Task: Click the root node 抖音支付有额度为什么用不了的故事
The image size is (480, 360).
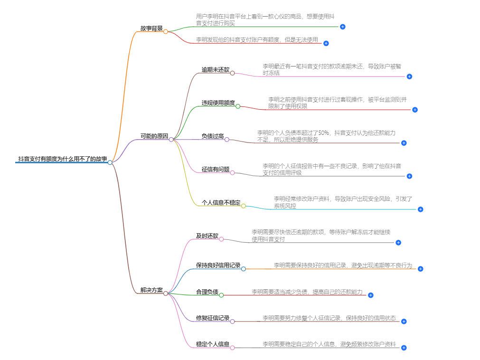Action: [x=62, y=159]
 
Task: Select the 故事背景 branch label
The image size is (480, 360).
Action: [x=151, y=28]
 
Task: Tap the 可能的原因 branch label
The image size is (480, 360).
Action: [x=154, y=136]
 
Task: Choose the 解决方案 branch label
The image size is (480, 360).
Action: [x=151, y=290]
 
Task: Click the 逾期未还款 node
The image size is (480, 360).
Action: [x=215, y=70]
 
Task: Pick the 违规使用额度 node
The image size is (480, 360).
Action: [x=218, y=103]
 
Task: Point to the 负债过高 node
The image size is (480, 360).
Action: [x=212, y=136]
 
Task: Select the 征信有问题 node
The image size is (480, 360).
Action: [x=215, y=170]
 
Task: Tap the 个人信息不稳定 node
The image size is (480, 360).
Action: [x=221, y=203]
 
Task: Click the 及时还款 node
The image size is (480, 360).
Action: [x=207, y=236]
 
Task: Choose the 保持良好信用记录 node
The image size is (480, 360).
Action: [x=218, y=265]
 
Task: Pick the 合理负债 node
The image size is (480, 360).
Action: [x=207, y=292]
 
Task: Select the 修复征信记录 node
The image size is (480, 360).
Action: [x=213, y=318]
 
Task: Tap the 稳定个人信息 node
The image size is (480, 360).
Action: [x=213, y=344]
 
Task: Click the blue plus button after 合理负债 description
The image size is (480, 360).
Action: [x=371, y=295]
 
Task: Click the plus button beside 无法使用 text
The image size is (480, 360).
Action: [x=326, y=43]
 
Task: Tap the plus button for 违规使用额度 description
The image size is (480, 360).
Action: [x=414, y=110]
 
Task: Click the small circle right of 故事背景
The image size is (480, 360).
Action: [x=166, y=31]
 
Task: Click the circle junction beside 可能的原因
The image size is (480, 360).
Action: [x=171, y=139]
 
